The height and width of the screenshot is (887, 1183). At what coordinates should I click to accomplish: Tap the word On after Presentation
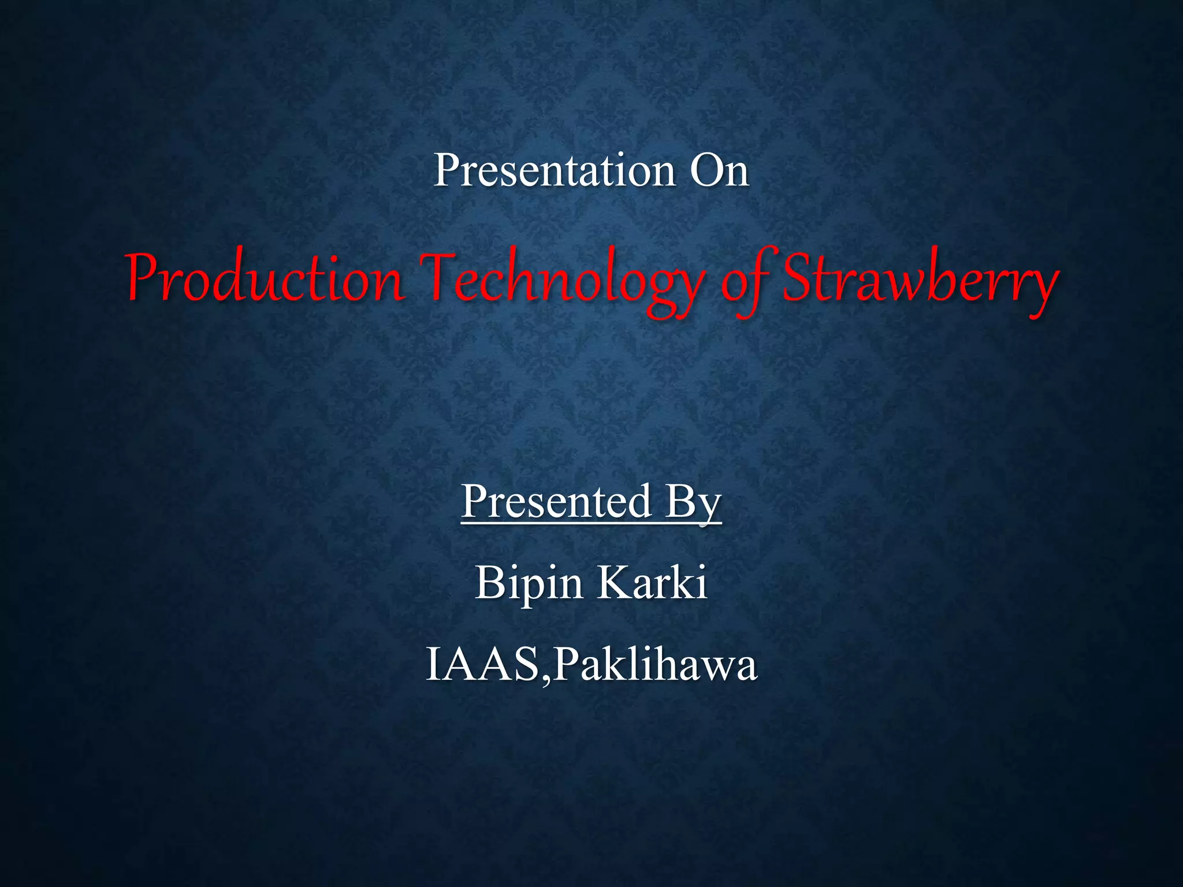pyautogui.click(x=719, y=170)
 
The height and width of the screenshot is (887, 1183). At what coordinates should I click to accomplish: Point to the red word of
pyautogui.click(x=745, y=283)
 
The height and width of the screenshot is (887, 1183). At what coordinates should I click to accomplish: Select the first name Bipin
pyautogui.click(x=529, y=583)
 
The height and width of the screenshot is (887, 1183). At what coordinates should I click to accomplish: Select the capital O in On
pyautogui.click(x=706, y=170)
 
